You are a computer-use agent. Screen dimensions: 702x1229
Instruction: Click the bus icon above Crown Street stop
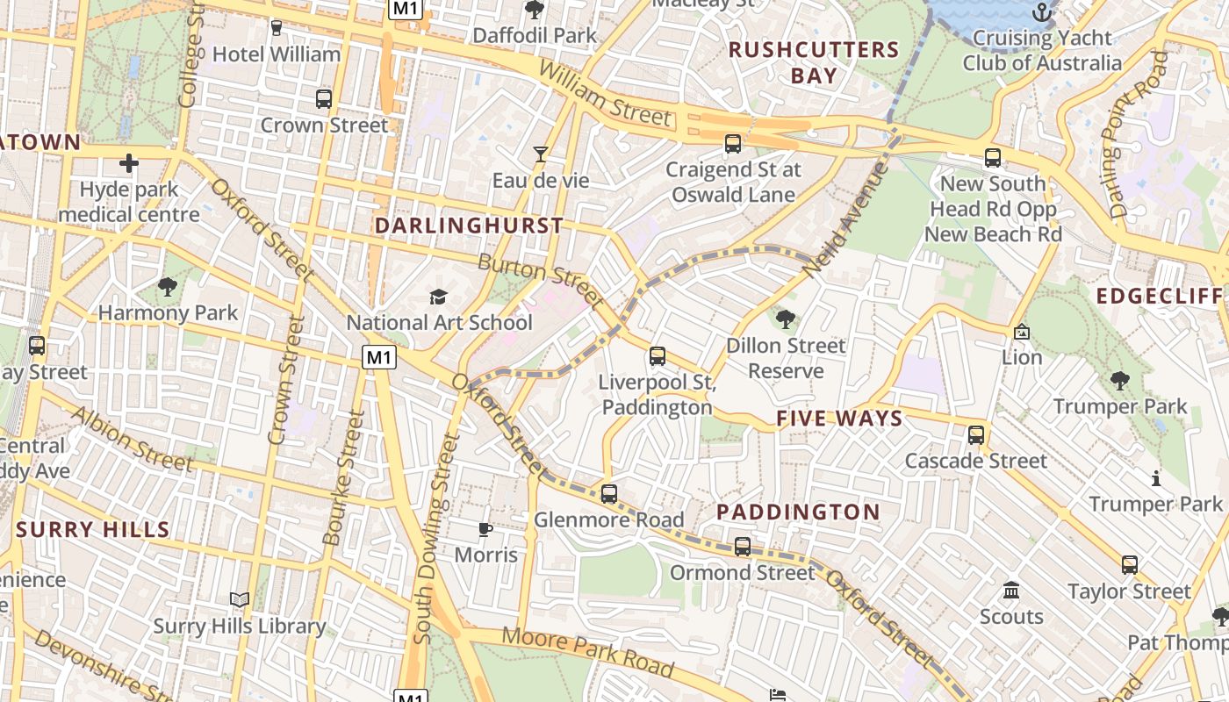click(x=324, y=98)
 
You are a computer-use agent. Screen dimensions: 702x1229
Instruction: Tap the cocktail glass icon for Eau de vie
click(x=541, y=154)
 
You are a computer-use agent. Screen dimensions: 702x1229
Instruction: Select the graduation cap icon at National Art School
click(x=438, y=297)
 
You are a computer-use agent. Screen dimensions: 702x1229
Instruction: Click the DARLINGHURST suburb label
click(x=469, y=226)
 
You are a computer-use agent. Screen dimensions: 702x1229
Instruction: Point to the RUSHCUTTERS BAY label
click(x=814, y=62)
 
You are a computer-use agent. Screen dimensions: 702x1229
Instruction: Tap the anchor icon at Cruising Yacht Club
click(x=1042, y=12)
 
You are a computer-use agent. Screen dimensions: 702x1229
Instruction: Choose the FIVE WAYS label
click(x=839, y=419)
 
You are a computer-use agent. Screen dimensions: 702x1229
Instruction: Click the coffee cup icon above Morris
click(x=485, y=528)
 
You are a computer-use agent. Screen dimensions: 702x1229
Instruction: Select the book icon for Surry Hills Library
click(x=240, y=599)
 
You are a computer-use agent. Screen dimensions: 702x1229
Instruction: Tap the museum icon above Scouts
click(x=1011, y=590)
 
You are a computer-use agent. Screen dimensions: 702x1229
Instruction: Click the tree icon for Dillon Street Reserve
click(x=786, y=319)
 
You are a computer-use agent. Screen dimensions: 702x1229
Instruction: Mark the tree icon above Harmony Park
click(x=168, y=286)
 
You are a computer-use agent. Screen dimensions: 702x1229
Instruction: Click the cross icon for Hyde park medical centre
click(x=129, y=163)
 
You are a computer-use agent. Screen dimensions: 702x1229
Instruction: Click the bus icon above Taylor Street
click(x=1130, y=564)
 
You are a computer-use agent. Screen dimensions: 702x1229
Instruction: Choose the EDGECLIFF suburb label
click(x=1159, y=296)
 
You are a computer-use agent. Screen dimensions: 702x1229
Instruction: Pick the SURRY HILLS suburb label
click(x=92, y=529)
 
